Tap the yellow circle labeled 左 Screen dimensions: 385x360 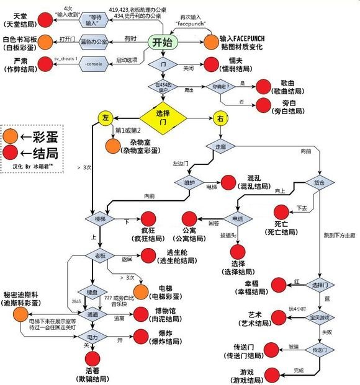pyautogui.click(x=105, y=117)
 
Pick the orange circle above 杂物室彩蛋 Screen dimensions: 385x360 pyautogui.click(x=113, y=146)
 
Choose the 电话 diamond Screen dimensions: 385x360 pyautogui.click(x=238, y=219)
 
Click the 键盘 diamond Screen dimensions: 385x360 pyautogui.click(x=89, y=291)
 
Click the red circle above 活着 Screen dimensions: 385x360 pyautogui.click(x=92, y=358)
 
